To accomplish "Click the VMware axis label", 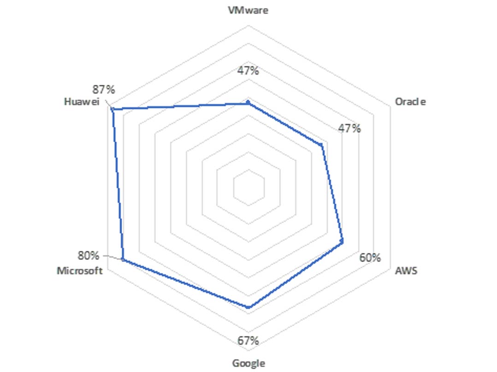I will point(248,10).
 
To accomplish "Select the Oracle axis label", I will point(410,102).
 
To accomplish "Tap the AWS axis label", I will point(406,271).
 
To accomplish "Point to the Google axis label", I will point(248,363).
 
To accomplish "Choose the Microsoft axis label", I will point(79,271).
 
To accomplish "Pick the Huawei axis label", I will point(82,102).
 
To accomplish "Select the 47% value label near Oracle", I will point(349,129).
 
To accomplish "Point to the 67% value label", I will point(248,341).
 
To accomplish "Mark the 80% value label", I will point(88,255).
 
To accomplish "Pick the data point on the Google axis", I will point(248,307).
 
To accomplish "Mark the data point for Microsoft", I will point(123,260).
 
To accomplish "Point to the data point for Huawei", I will point(112,109).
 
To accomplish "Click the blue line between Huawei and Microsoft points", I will point(118,184).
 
